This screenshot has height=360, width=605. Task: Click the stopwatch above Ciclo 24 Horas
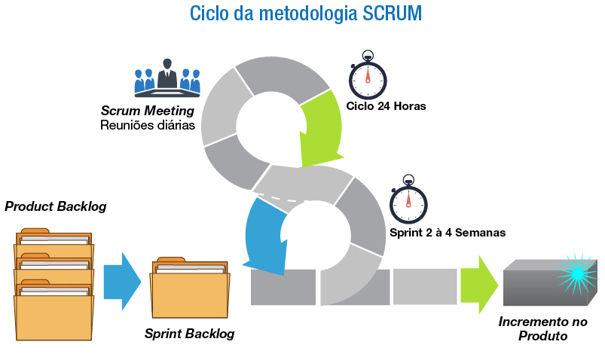click(368, 77)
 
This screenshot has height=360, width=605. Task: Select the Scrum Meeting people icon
click(167, 78)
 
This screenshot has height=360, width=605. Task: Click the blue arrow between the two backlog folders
click(121, 280)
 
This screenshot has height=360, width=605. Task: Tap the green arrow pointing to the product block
click(478, 284)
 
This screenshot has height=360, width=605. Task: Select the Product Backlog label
click(56, 206)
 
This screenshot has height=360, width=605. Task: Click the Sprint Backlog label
click(190, 333)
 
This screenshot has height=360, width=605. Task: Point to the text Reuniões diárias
click(148, 124)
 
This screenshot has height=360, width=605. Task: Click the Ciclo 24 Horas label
click(387, 106)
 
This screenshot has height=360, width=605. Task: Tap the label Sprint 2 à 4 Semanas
click(448, 233)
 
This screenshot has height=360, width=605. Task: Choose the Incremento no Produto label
click(542, 328)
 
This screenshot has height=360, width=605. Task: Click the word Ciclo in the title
click(211, 14)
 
